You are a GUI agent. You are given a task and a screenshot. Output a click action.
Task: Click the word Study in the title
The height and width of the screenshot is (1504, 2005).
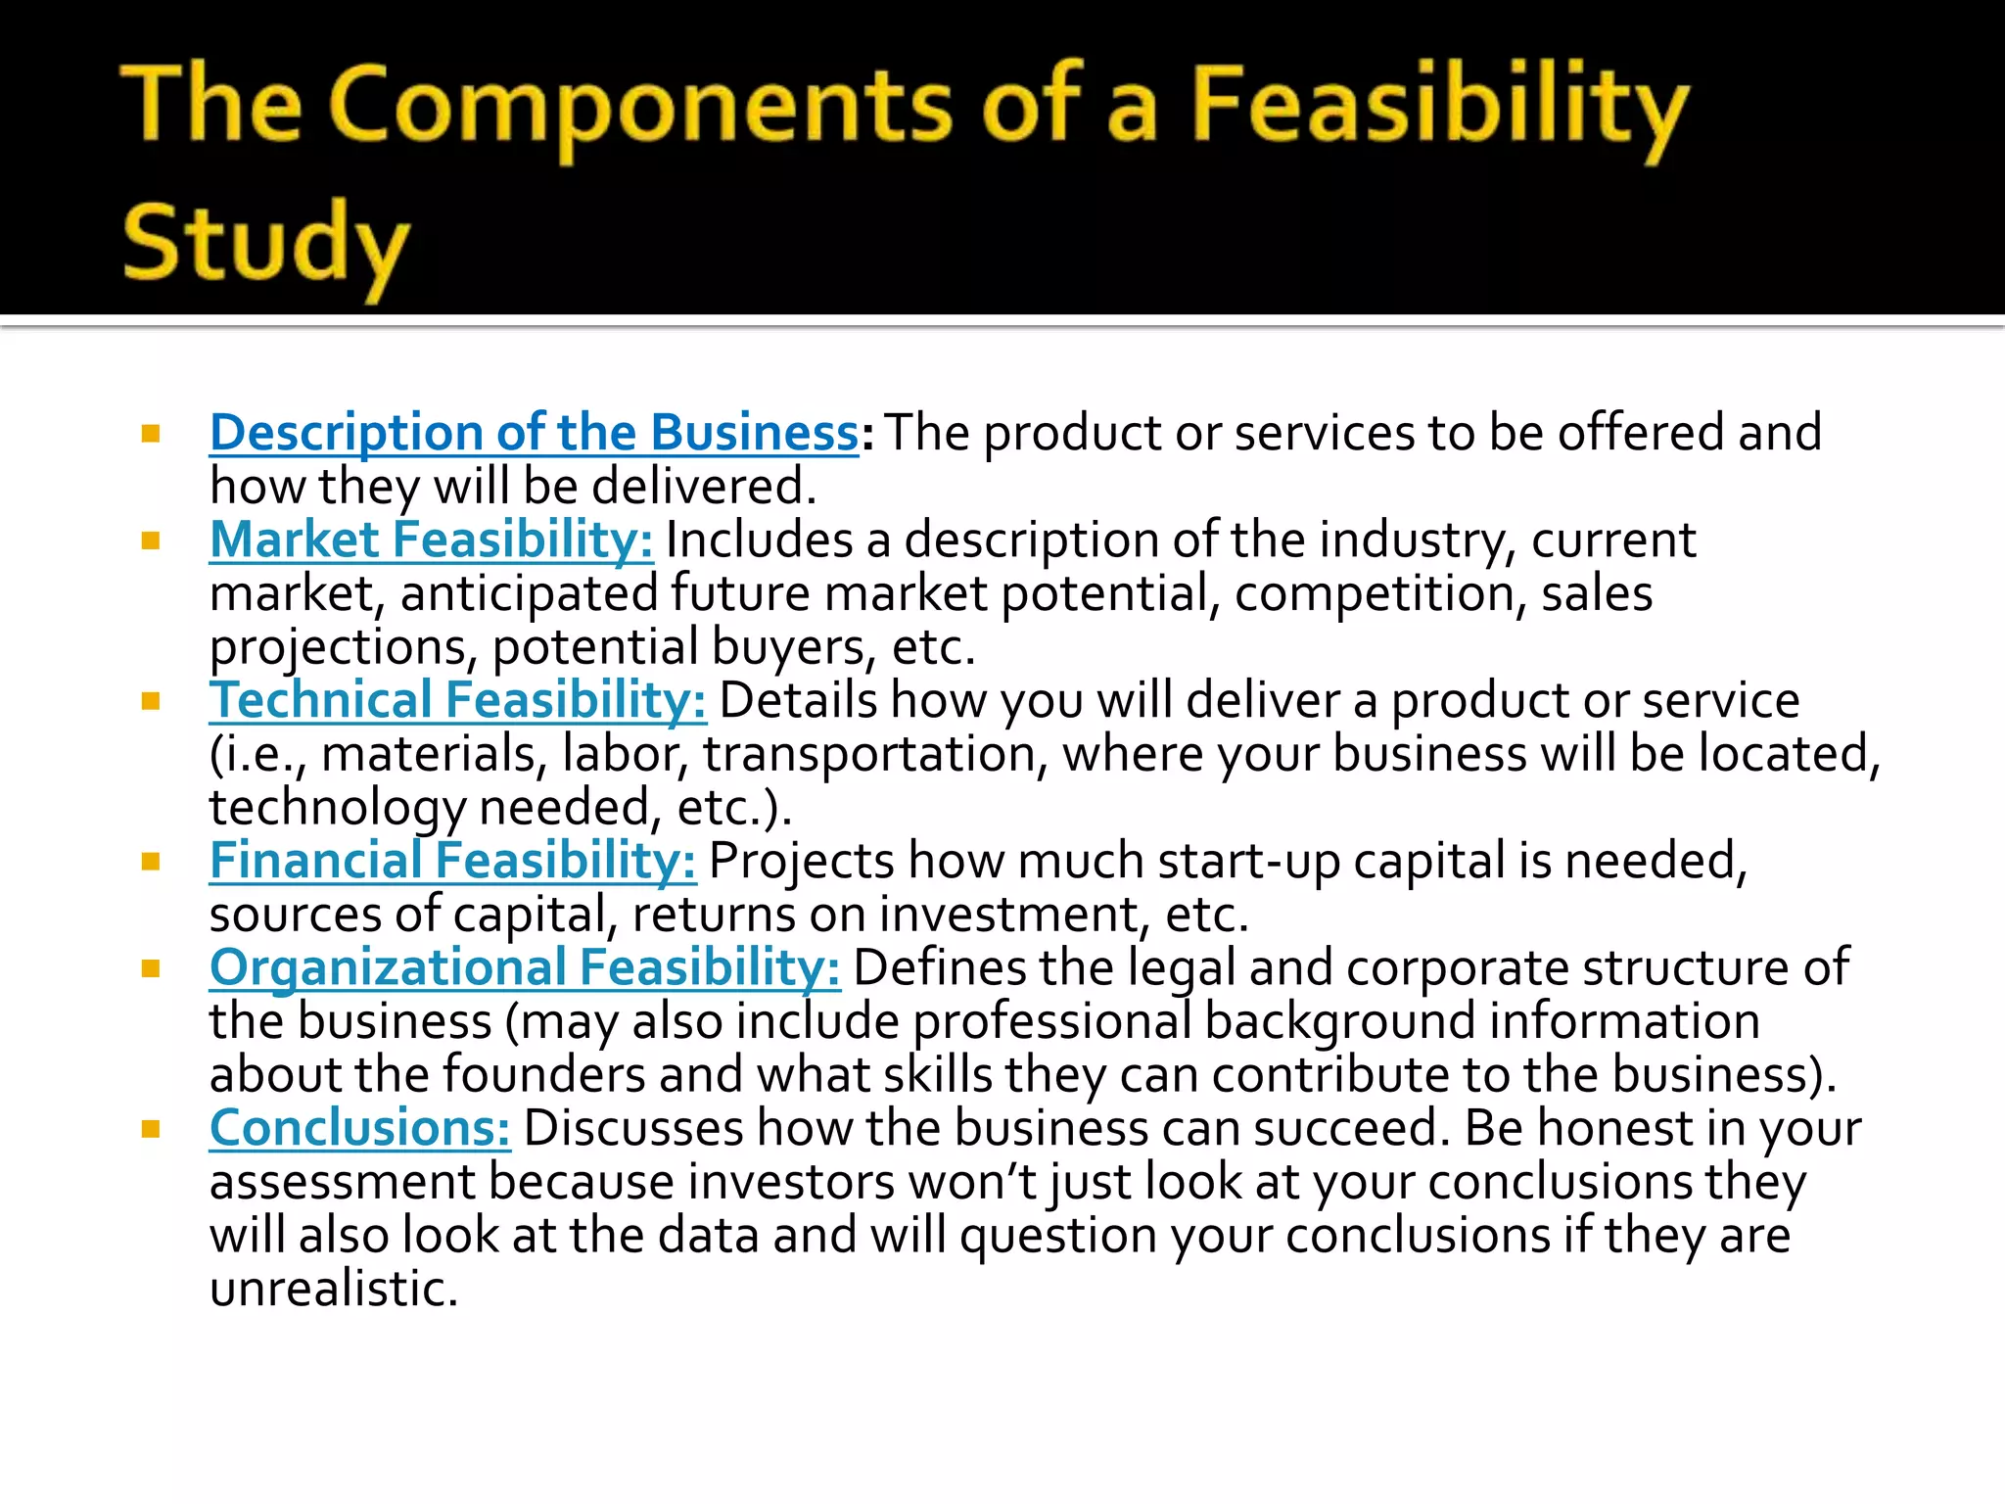click(264, 243)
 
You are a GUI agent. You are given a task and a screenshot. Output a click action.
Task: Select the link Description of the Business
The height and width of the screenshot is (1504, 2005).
click(534, 433)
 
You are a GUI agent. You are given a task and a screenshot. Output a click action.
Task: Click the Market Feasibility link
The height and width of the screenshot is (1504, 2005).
click(431, 540)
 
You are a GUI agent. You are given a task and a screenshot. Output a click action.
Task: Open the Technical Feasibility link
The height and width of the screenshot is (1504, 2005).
click(457, 700)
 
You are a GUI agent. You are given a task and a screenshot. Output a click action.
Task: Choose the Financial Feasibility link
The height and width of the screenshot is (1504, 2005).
click(452, 861)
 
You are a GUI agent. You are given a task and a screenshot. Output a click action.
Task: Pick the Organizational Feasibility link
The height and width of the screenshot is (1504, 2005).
click(525, 967)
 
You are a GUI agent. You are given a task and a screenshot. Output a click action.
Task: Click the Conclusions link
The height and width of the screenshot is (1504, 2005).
click(359, 1128)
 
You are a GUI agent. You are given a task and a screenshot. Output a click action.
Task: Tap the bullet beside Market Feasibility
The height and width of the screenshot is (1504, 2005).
click(151, 540)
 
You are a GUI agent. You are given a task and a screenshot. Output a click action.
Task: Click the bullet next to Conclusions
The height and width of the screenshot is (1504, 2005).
click(151, 1129)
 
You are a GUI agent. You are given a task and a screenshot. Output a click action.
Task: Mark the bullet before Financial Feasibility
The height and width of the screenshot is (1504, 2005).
click(151, 862)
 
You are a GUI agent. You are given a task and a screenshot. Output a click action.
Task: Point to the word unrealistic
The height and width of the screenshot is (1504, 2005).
click(333, 1289)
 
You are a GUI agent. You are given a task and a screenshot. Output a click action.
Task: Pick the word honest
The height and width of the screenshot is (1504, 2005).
click(1615, 1128)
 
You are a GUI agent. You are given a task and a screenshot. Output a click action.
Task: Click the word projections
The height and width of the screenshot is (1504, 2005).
click(344, 647)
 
